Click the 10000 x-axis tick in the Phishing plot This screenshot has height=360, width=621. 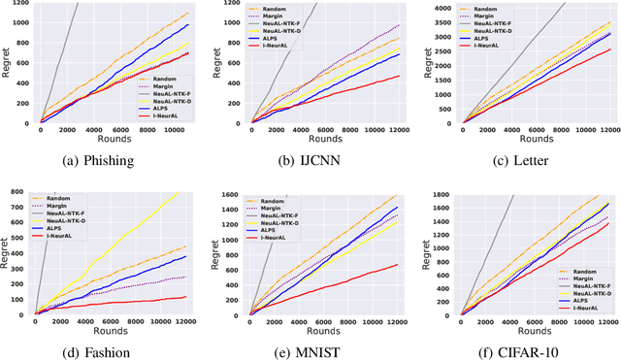coord(175,131)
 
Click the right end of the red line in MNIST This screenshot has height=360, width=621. coord(399,264)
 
